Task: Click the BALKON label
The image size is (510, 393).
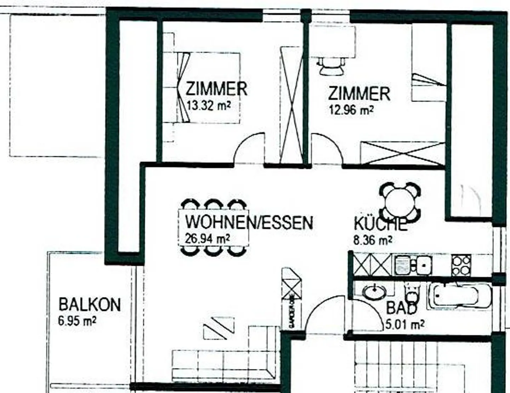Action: tap(89, 305)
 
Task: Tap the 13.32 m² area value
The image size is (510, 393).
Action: tap(208, 106)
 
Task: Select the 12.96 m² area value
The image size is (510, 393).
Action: tap(351, 110)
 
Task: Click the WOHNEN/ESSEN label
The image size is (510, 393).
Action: tap(249, 223)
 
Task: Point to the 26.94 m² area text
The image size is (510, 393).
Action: tap(207, 238)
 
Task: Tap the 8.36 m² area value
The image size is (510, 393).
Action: tap(373, 240)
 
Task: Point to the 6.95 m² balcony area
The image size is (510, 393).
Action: tap(77, 321)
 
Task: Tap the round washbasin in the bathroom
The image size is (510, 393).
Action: tap(374, 292)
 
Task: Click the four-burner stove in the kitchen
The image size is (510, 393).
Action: tap(461, 265)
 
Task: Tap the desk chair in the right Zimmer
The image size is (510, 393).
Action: tap(331, 66)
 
